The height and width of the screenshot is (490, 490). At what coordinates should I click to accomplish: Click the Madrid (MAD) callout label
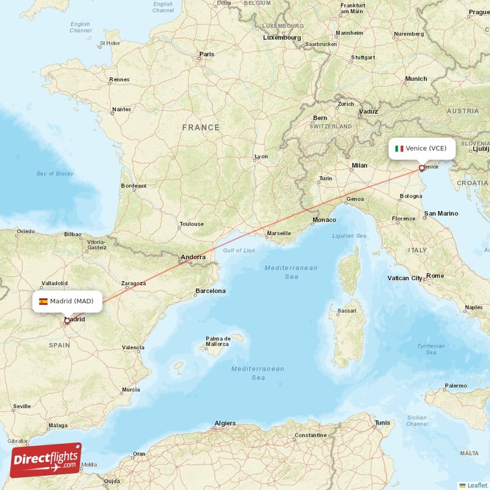click(67, 301)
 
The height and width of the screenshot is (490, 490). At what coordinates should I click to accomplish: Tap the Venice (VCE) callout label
click(421, 148)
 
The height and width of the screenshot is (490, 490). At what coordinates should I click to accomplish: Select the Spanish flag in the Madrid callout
click(43, 301)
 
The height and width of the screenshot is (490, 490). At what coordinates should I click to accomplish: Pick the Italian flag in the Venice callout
click(399, 148)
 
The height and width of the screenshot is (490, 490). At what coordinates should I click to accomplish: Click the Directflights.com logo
click(46, 460)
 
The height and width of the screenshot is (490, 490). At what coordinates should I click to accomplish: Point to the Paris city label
click(206, 54)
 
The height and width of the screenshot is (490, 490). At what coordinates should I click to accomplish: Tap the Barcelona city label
click(210, 291)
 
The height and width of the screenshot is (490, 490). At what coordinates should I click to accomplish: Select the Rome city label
click(435, 276)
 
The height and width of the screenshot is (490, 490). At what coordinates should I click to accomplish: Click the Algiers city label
click(225, 423)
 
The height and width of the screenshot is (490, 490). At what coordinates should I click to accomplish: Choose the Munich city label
click(416, 79)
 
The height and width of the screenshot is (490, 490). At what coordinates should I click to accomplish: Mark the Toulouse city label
click(192, 224)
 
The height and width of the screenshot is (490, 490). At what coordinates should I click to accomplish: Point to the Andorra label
click(193, 257)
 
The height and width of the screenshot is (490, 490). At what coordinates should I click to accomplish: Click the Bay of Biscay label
click(55, 173)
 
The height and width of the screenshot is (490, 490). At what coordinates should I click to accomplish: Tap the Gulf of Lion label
click(239, 251)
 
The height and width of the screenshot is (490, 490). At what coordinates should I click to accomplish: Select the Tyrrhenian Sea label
click(431, 349)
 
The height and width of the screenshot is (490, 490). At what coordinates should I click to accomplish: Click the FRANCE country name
click(200, 127)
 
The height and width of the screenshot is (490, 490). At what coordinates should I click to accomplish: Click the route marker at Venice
click(421, 168)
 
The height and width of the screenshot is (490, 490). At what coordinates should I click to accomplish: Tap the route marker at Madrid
click(67, 320)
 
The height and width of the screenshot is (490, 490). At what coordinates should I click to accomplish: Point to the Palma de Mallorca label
click(218, 341)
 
